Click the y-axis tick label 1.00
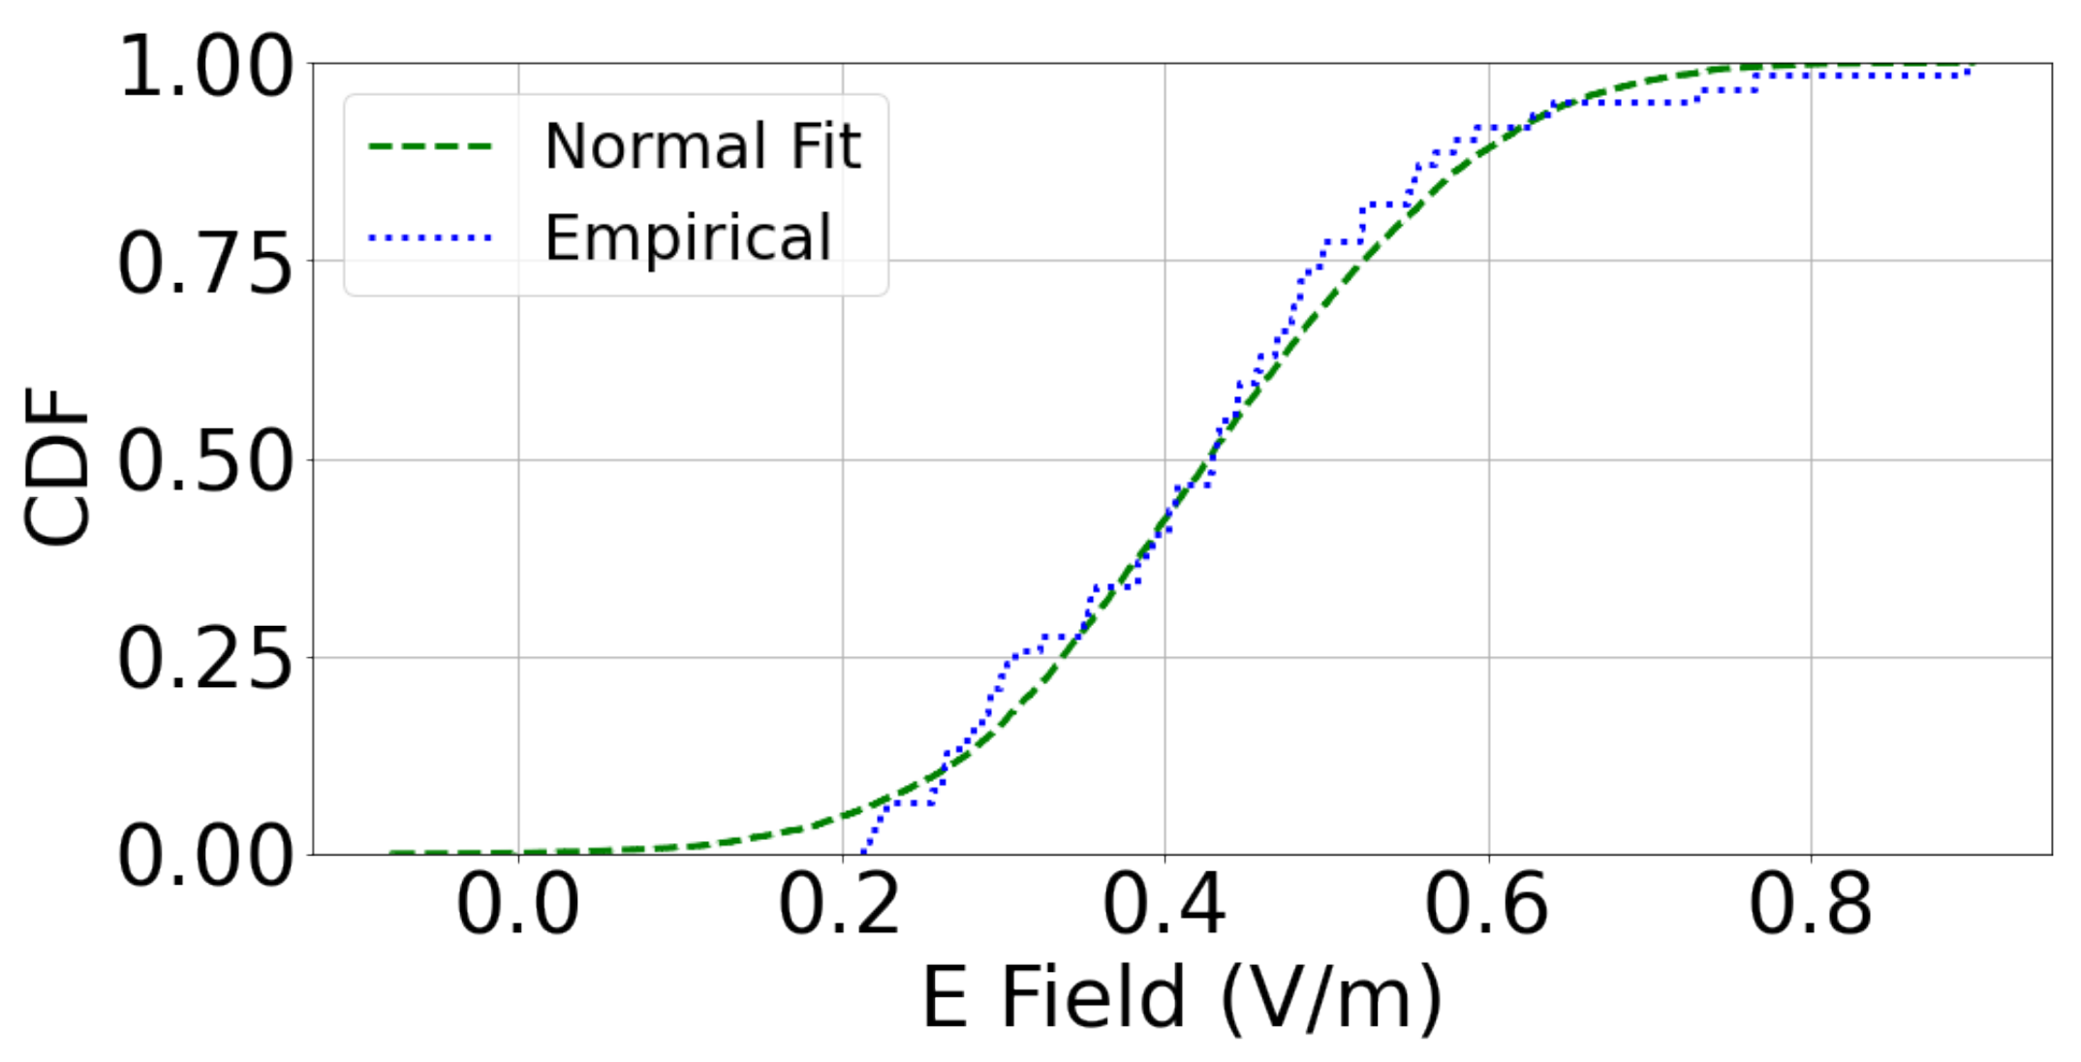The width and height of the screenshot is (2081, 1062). point(204,67)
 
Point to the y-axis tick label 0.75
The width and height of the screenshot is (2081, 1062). point(204,265)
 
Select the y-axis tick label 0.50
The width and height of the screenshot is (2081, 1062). point(204,462)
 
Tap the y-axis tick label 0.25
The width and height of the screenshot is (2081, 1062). point(204,661)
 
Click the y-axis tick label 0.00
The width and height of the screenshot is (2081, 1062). point(204,858)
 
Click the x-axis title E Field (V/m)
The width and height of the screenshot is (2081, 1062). point(1181,998)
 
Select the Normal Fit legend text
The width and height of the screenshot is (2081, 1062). point(702,146)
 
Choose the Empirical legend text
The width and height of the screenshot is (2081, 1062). point(688,237)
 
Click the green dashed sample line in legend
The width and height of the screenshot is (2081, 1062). point(430,146)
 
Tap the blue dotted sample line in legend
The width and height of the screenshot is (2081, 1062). point(430,237)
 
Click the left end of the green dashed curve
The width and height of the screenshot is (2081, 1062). point(390,853)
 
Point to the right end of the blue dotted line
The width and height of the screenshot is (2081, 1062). point(1971,68)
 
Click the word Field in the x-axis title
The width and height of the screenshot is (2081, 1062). point(1092,998)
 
